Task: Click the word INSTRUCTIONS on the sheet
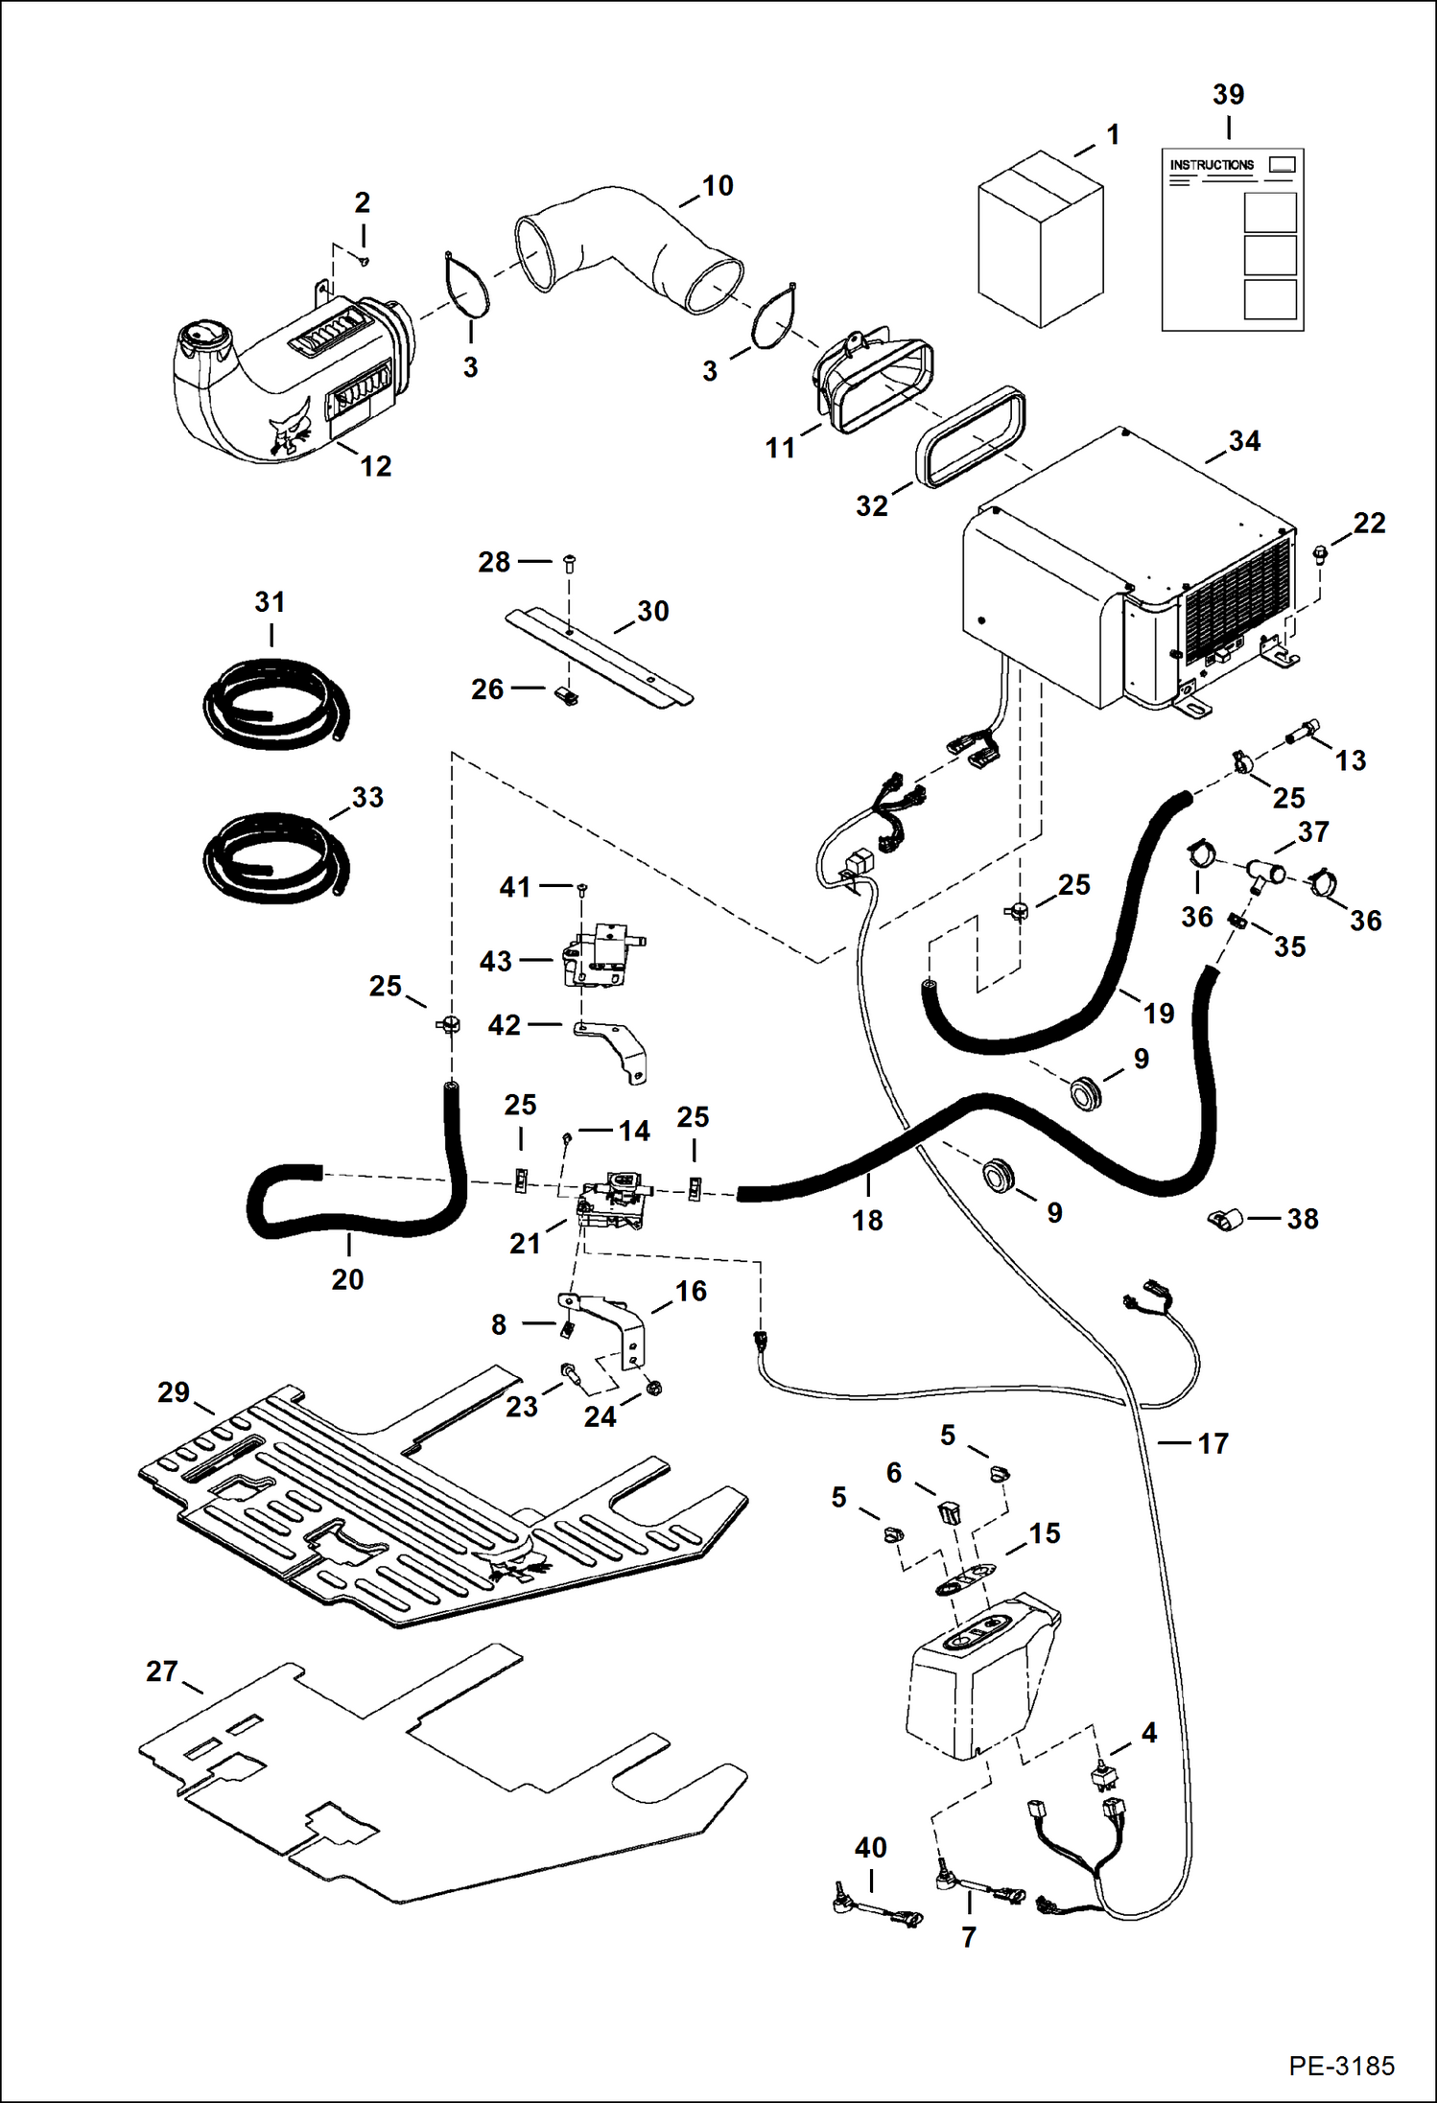(1211, 165)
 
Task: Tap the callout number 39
(1228, 95)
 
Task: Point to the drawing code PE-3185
(1341, 2066)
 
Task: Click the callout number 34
(1244, 441)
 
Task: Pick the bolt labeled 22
(1320, 552)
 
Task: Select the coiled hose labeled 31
(275, 705)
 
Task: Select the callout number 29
(174, 1392)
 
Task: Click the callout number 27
(162, 1671)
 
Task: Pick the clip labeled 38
(1225, 1220)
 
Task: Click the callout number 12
(375, 466)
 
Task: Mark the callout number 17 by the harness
(1213, 1443)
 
